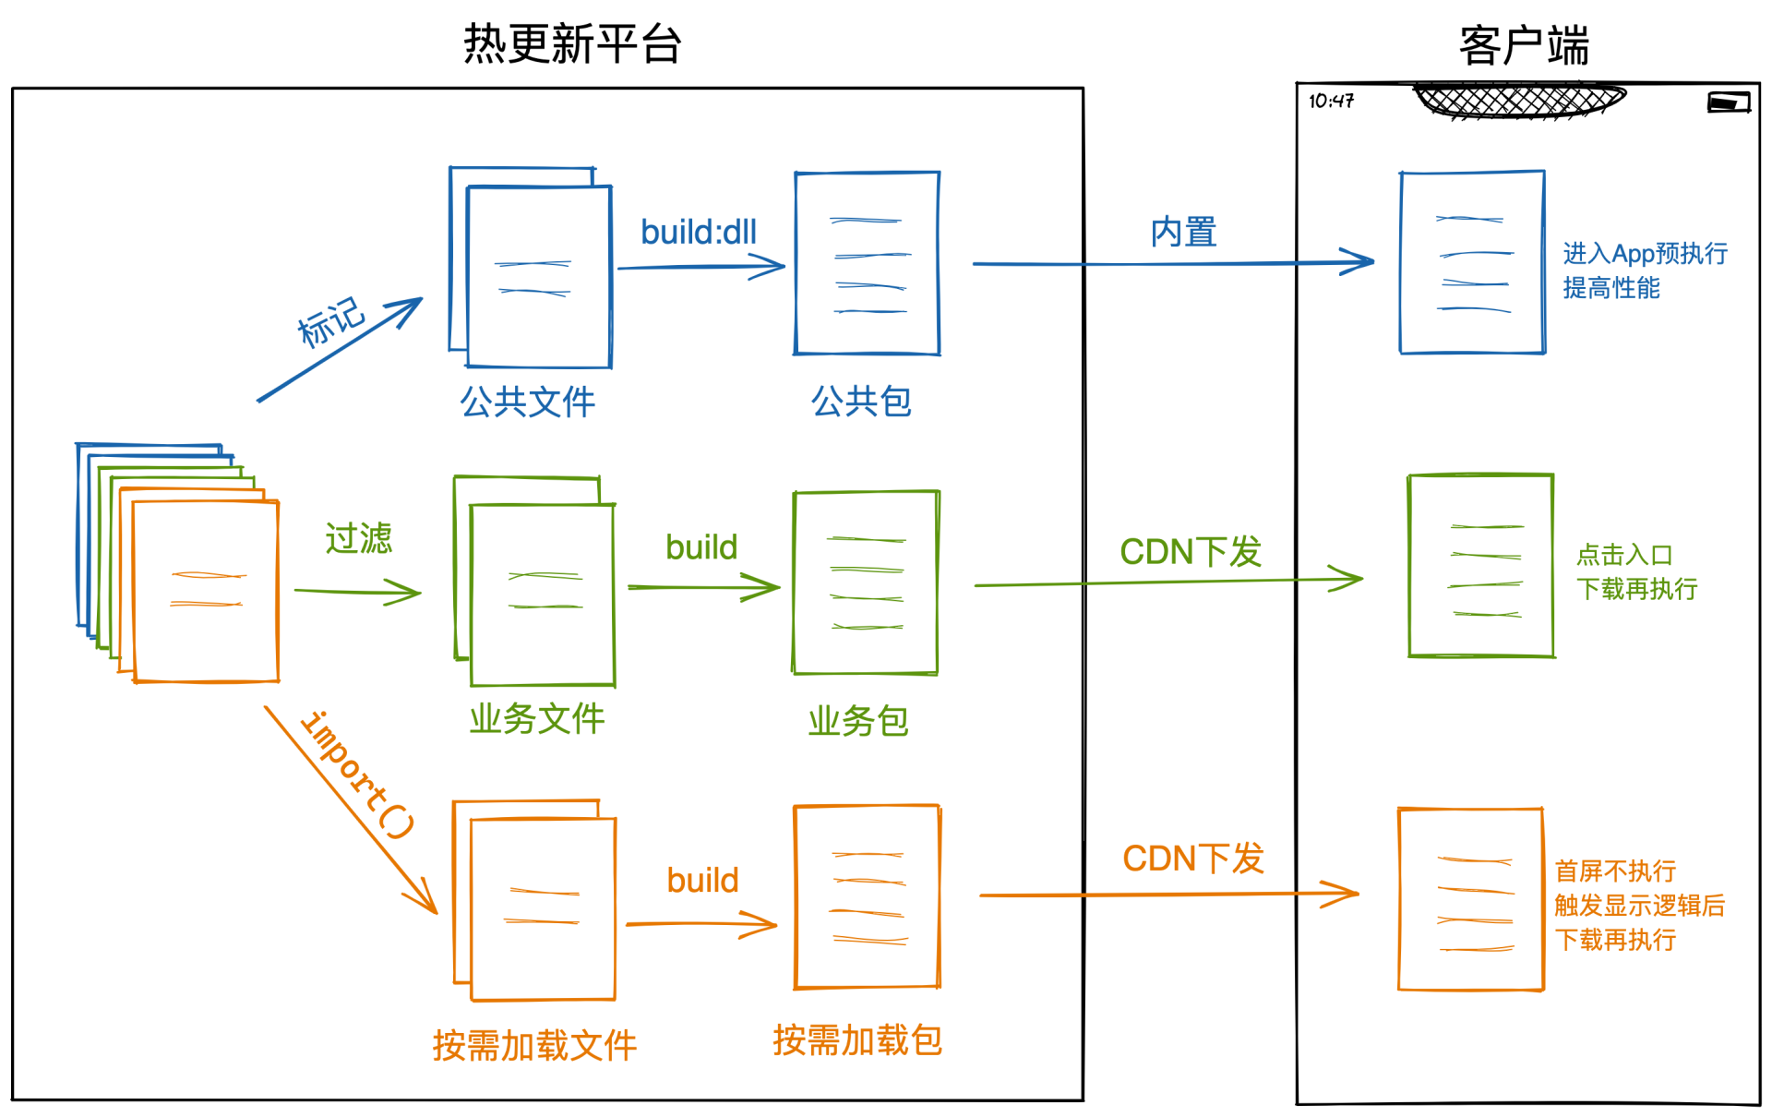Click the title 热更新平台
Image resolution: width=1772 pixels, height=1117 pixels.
(x=572, y=44)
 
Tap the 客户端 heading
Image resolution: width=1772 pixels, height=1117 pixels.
(x=1524, y=46)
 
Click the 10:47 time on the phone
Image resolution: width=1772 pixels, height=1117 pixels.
(x=1331, y=101)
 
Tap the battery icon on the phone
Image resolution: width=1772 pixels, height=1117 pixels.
(x=1729, y=102)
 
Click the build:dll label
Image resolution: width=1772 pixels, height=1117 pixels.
(x=699, y=232)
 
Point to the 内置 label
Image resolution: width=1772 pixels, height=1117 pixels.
(x=1183, y=232)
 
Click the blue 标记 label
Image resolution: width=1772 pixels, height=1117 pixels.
(x=330, y=321)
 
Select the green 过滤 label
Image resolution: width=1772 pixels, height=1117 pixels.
(x=358, y=538)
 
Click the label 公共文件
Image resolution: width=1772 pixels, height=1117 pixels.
(x=528, y=402)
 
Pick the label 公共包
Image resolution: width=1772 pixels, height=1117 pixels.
(x=861, y=402)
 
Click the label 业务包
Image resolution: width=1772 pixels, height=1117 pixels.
(x=858, y=721)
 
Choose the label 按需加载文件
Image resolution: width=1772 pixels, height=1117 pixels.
(x=534, y=1046)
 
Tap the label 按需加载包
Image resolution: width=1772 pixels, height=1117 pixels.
(x=857, y=1040)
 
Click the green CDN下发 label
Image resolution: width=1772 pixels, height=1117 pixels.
(x=1191, y=552)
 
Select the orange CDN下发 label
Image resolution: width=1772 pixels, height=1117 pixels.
(x=1192, y=859)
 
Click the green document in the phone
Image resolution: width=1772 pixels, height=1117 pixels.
(x=1481, y=566)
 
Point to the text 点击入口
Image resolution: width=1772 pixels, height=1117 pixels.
(x=1624, y=555)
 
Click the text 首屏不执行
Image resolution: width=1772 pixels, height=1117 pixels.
(x=1615, y=871)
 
